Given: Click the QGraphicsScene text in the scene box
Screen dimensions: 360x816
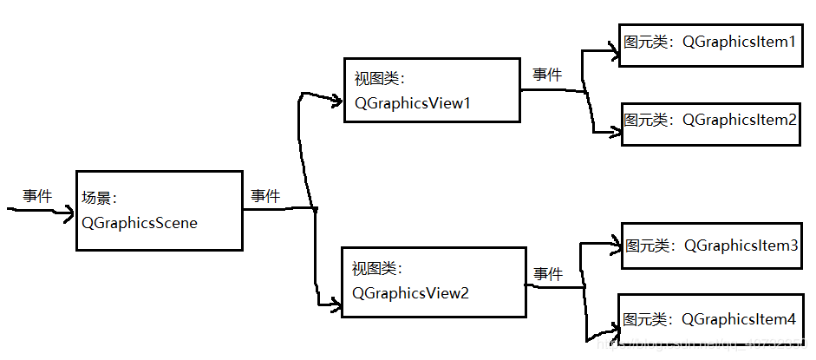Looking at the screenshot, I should tap(140, 223).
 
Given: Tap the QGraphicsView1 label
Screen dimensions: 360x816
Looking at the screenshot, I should tap(412, 103).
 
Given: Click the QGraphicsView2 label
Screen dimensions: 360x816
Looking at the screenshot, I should tap(410, 293).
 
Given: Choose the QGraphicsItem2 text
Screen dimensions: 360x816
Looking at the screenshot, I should tap(740, 120).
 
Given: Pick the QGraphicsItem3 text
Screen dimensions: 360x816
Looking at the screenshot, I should tap(741, 245).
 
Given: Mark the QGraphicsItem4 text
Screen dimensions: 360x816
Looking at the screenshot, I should tap(740, 318).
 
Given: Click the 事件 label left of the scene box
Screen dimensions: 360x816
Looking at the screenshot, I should tap(37, 196).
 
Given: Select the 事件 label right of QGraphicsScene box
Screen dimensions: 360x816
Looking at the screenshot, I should tap(265, 196).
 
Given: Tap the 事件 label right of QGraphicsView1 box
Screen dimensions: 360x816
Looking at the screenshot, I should tap(547, 75).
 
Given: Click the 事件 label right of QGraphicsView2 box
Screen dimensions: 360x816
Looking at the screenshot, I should tap(548, 274).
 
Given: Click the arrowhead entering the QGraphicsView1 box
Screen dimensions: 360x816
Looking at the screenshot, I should tap(336, 101).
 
